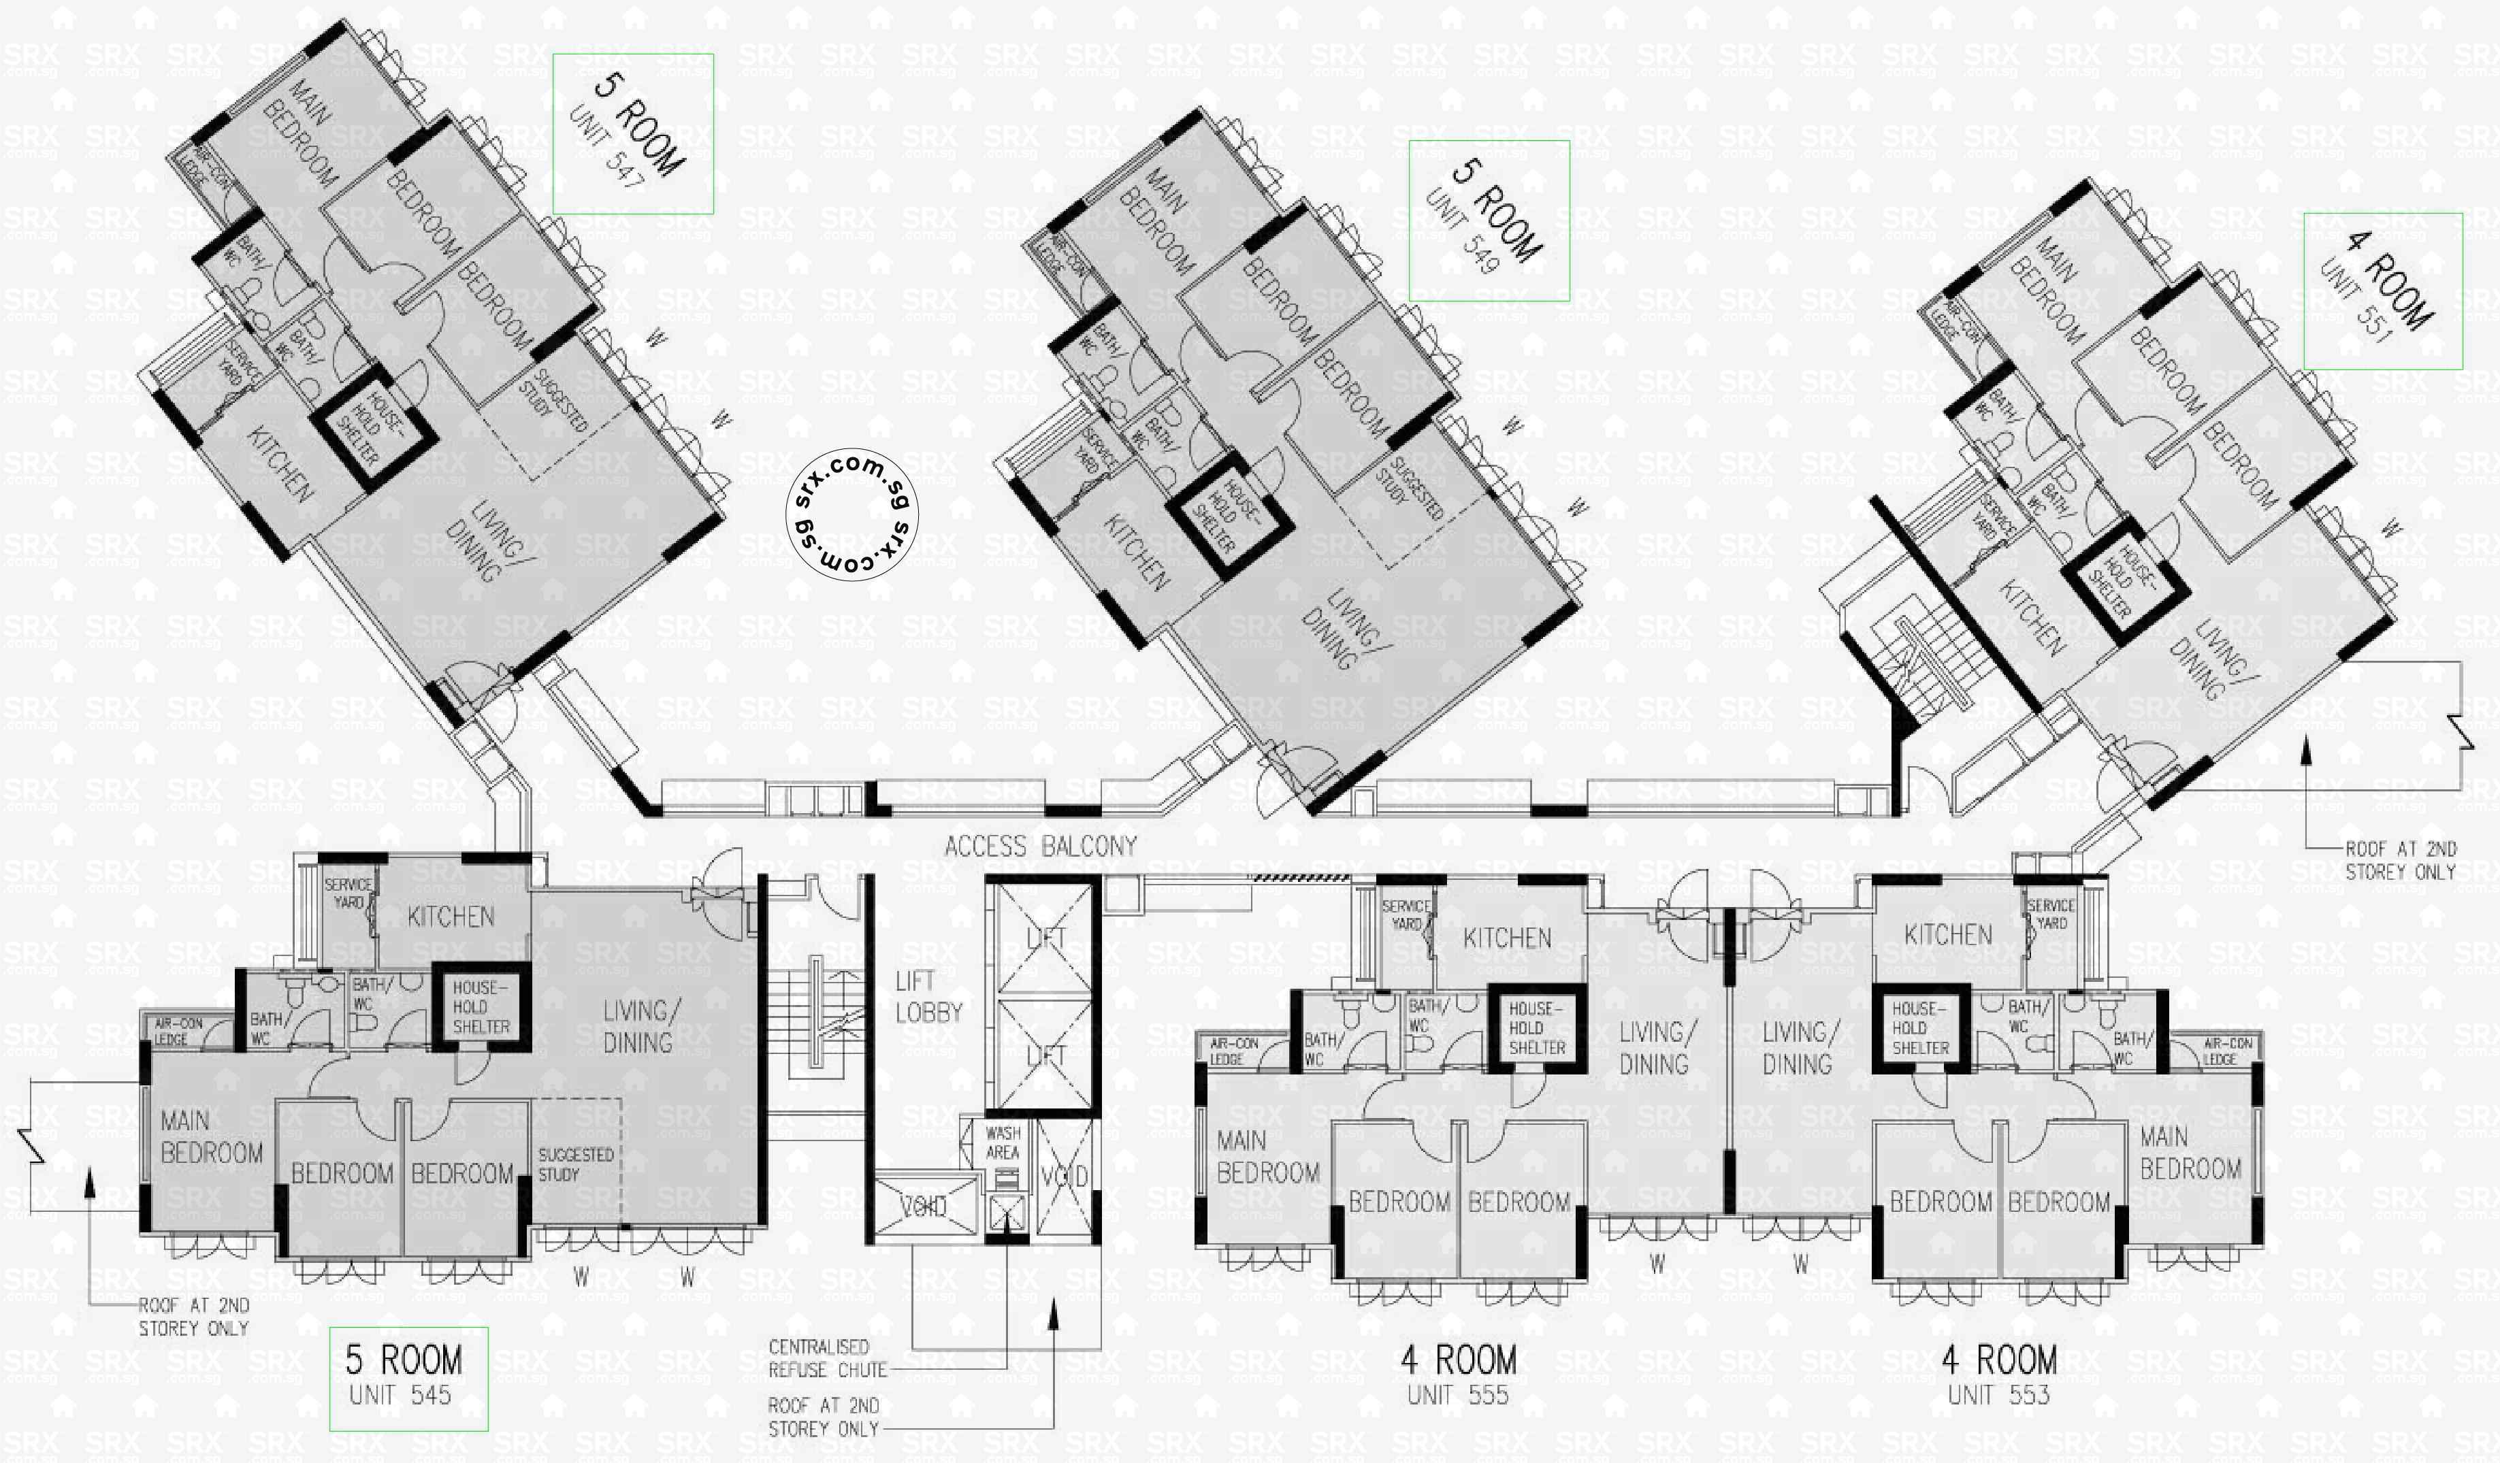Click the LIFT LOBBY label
pos(928,997)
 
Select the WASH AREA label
pos(1002,1143)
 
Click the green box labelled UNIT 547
pos(633,134)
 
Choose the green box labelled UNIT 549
pos(1489,220)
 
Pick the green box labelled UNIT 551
pos(2383,291)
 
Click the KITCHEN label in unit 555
pos(1507,938)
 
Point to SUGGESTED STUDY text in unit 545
pos(575,1164)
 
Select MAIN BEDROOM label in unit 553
pos(2190,1153)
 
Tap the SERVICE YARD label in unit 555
pos(1406,915)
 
